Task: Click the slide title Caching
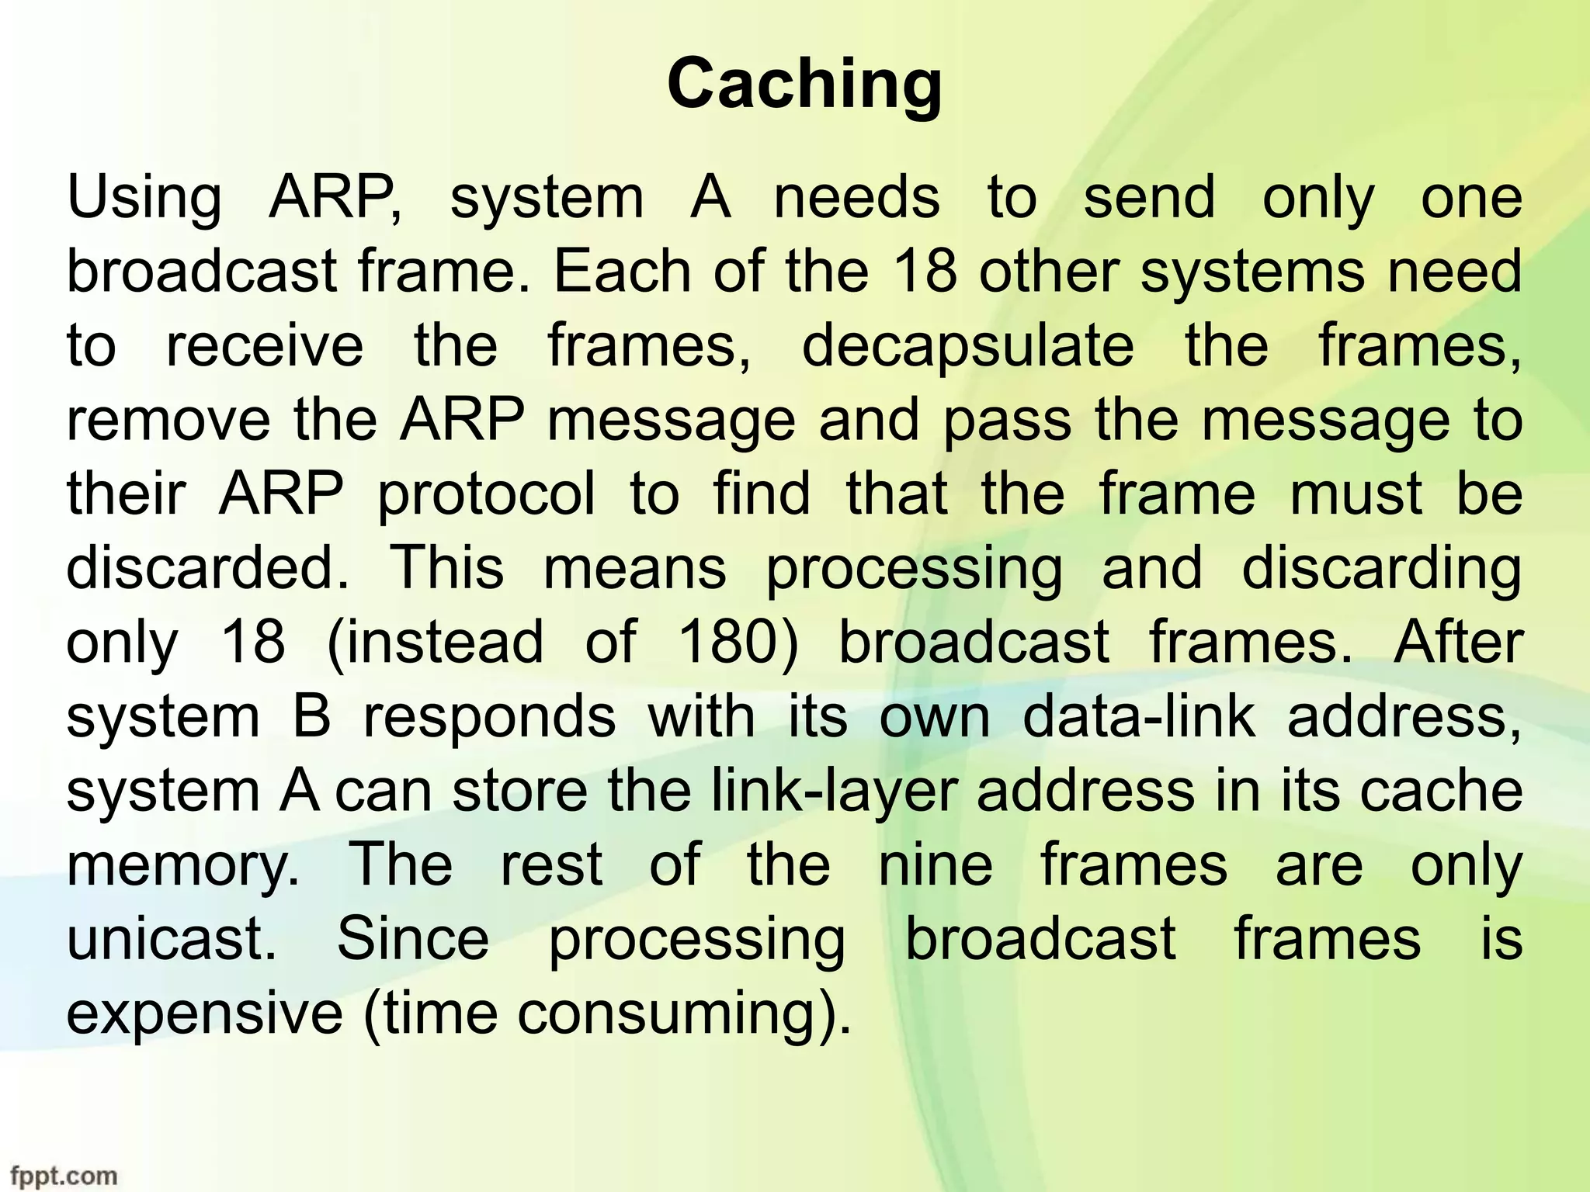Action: [x=804, y=86]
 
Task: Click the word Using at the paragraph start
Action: [x=144, y=198]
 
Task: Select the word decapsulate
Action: [x=967, y=346]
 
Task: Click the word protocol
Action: [x=486, y=494]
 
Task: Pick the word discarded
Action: [x=207, y=568]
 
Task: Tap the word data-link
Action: [x=1138, y=716]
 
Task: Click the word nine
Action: [x=936, y=865]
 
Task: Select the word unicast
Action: [x=171, y=939]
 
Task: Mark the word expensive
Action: [x=204, y=1014]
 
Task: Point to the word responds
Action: [x=489, y=716]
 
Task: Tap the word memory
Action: [x=182, y=866]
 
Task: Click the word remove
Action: [x=168, y=421]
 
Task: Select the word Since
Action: [x=413, y=939]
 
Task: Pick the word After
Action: [x=1458, y=643]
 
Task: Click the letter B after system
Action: [x=312, y=716]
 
